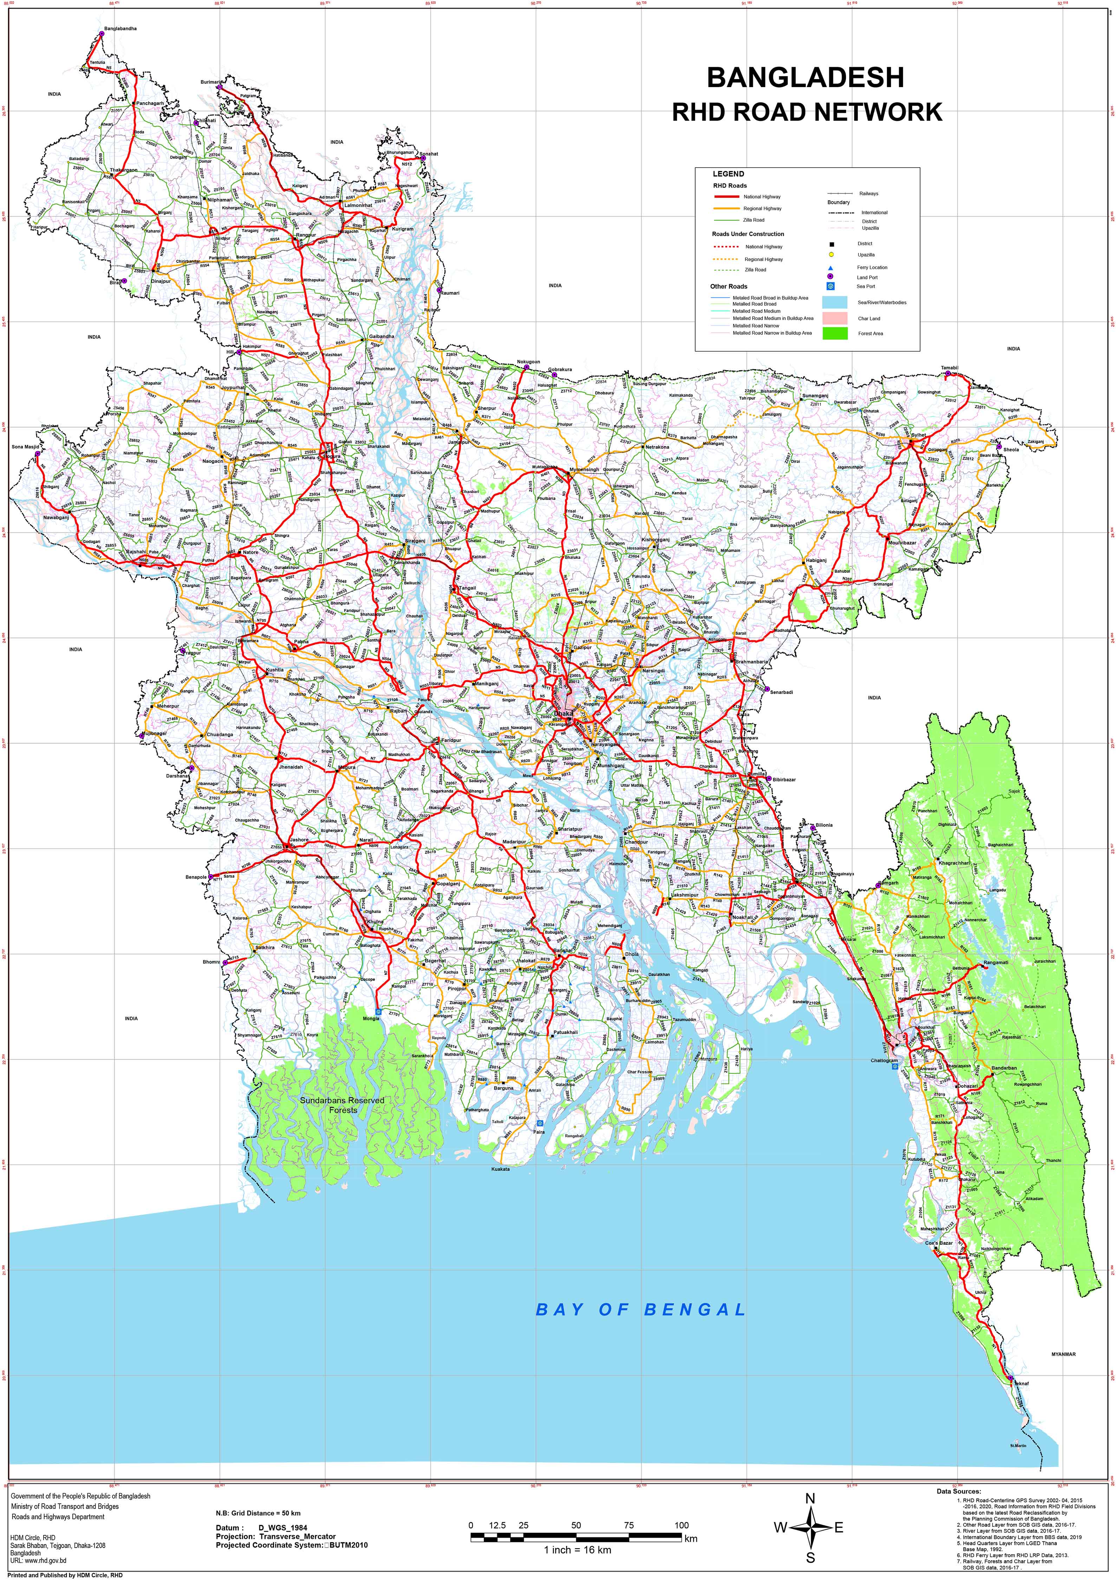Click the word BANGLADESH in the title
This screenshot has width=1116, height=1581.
pyautogui.click(x=805, y=78)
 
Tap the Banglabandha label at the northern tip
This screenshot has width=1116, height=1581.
pyautogui.click(x=121, y=29)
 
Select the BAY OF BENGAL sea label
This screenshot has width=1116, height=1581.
pyautogui.click(x=641, y=1310)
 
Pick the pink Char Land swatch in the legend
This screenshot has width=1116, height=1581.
pyautogui.click(x=834, y=318)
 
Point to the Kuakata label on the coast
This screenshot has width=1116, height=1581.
pyautogui.click(x=501, y=1169)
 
